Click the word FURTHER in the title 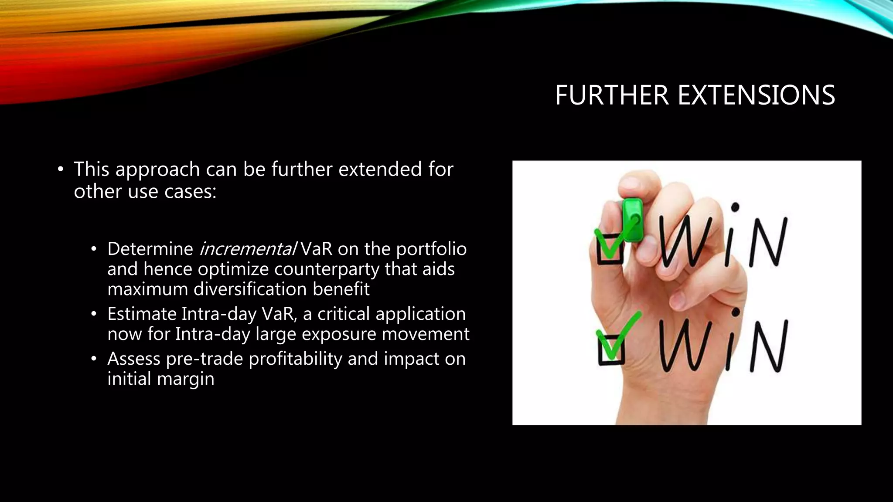(x=612, y=95)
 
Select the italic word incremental (x=247, y=249)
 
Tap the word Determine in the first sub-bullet (x=150, y=249)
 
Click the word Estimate (x=141, y=314)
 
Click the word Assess (x=134, y=359)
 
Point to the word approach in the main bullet (x=157, y=170)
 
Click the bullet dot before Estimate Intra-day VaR (x=93, y=314)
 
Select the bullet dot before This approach (x=61, y=170)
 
